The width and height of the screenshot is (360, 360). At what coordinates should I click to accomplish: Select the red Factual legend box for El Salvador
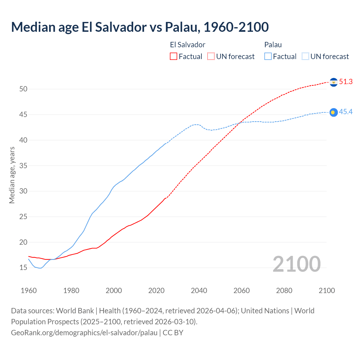point(174,56)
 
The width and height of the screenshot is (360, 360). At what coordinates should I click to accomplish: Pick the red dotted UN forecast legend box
point(211,56)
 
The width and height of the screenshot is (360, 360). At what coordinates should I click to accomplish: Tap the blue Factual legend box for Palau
point(268,56)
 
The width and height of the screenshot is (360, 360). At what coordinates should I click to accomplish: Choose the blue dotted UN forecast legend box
point(305,56)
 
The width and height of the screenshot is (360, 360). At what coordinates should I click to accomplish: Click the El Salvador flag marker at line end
point(334,82)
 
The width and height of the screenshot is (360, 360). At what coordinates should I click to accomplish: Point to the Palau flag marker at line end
point(334,112)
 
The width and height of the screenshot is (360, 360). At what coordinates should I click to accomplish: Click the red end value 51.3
point(346,82)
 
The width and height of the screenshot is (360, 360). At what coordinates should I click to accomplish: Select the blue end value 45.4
point(346,112)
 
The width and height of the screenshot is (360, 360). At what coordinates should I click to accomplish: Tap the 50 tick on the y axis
point(23,89)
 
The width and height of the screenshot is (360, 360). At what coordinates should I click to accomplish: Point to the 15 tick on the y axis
point(23,268)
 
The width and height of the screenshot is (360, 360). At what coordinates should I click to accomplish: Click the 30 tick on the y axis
point(23,191)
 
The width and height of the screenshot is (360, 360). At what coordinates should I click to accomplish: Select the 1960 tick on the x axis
point(29,291)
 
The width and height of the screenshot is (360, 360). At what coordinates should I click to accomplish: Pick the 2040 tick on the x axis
point(199,291)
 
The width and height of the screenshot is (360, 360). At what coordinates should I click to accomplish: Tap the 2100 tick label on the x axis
point(327,291)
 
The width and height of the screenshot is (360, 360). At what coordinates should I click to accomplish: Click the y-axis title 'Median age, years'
point(12,175)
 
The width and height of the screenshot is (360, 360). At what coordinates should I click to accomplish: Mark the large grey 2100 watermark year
point(296,264)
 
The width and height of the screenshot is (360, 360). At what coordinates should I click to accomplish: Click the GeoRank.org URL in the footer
point(84,333)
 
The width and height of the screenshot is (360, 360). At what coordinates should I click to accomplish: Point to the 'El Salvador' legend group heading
point(188,45)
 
